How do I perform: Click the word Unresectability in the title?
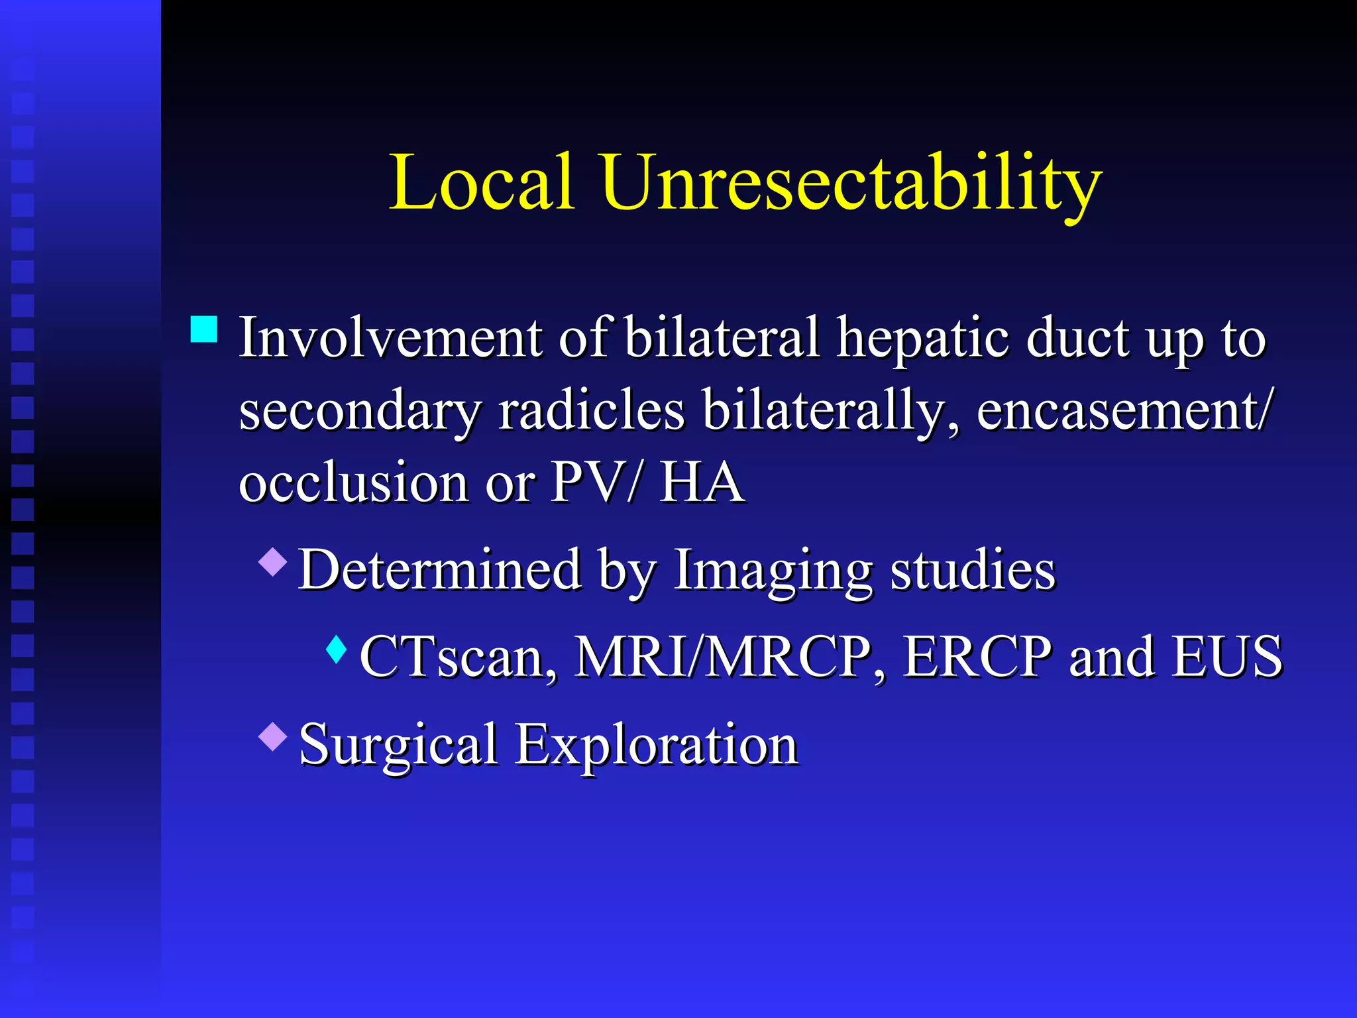tap(851, 183)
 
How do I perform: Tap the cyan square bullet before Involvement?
tap(204, 329)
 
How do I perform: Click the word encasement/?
tap(1123, 411)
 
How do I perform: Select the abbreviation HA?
tap(702, 482)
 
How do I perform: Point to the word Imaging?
tap(773, 570)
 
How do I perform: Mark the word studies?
tap(972, 570)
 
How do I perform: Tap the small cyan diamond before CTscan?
tap(337, 650)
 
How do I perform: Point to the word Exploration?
tap(657, 745)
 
